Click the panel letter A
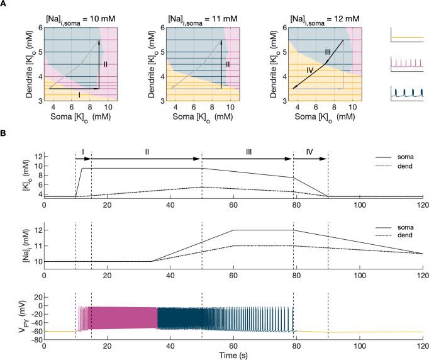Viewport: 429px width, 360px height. [4, 4]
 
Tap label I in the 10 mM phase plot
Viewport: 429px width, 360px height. [79, 94]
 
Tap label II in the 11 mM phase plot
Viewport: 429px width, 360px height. [228, 64]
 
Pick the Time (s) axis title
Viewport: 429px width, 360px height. [233, 354]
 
